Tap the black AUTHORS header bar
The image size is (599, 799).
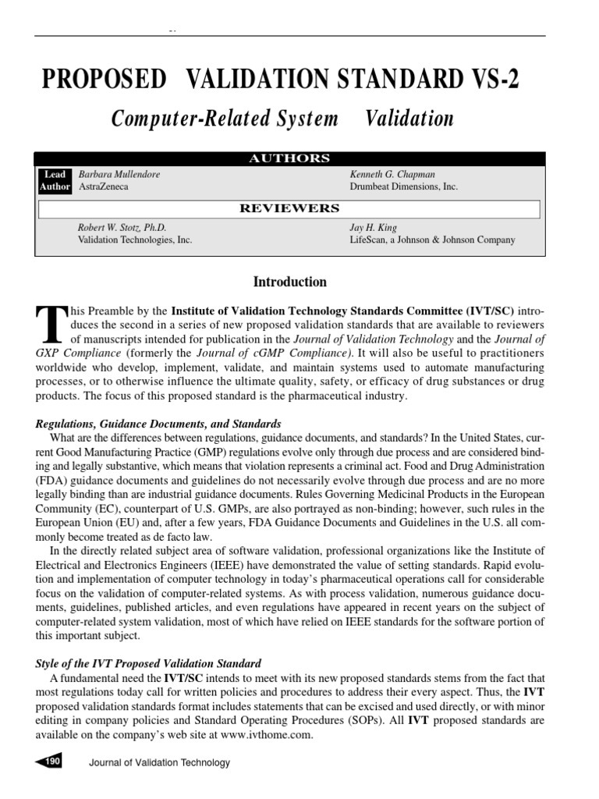(x=289, y=158)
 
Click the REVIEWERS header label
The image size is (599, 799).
(x=289, y=208)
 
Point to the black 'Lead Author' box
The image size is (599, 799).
(x=55, y=181)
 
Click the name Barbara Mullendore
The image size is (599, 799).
(x=119, y=175)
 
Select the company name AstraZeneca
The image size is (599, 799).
(x=105, y=187)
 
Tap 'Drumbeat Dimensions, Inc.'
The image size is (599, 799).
(x=404, y=187)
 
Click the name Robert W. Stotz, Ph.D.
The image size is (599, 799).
(x=122, y=228)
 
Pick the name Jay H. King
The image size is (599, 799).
(x=374, y=228)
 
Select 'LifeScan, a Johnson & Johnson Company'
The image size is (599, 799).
(x=432, y=240)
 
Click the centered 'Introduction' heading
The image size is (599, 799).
(x=289, y=282)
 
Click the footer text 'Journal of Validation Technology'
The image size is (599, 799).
(x=160, y=763)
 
